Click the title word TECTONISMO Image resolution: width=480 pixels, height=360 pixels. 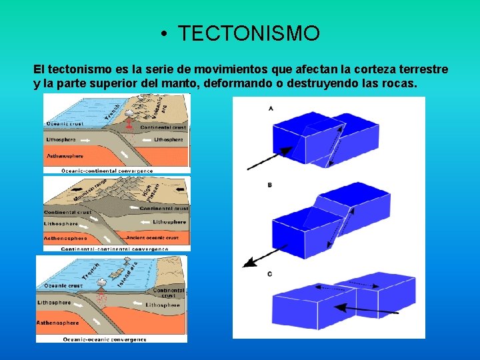pyautogui.click(x=249, y=33)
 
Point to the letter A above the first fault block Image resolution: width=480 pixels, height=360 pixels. pyautogui.click(x=270, y=107)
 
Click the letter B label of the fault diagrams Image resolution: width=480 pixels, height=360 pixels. pyautogui.click(x=269, y=185)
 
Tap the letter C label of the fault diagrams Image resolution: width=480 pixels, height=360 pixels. pyautogui.click(x=269, y=273)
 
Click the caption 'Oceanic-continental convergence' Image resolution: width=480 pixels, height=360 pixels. pyautogui.click(x=107, y=171)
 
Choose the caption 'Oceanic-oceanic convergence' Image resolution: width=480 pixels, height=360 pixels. pyautogui.click(x=105, y=339)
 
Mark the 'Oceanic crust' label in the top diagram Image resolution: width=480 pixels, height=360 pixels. pyautogui.click(x=65, y=123)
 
